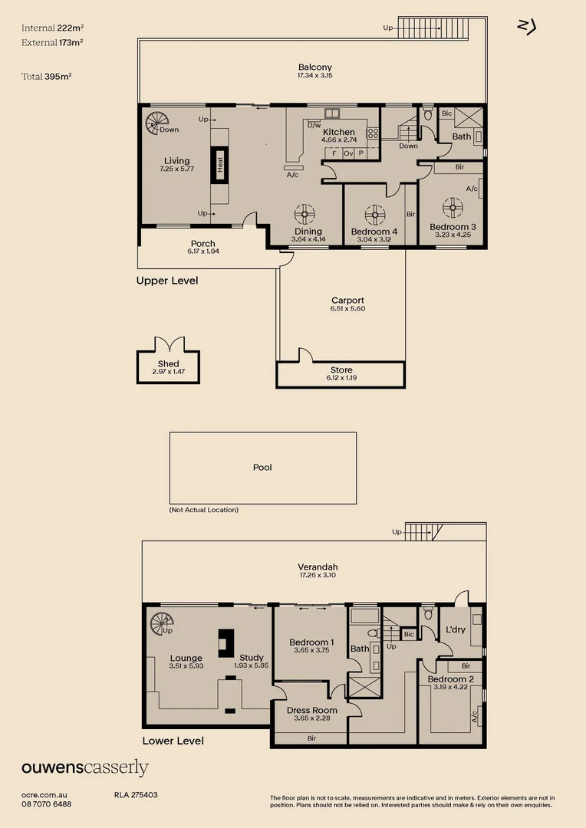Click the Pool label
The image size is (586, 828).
tap(262, 468)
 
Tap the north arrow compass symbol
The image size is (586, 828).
tap(527, 27)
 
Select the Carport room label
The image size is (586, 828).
tap(347, 301)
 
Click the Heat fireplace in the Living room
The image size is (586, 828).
tap(220, 165)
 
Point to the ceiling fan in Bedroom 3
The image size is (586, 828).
tap(453, 208)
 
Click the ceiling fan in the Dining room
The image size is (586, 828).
tap(305, 215)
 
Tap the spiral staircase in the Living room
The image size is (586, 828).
tap(156, 123)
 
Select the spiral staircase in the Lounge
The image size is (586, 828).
tap(161, 623)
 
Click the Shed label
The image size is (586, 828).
tap(169, 364)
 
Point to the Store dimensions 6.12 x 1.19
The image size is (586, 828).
tap(341, 378)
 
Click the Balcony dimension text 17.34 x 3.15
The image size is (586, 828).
tap(315, 75)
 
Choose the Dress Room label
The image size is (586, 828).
tap(311, 710)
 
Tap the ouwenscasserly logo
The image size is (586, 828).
tap(85, 767)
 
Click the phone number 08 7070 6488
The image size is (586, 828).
tap(47, 804)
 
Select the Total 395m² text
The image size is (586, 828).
tap(47, 77)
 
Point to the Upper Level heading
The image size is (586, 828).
tap(167, 281)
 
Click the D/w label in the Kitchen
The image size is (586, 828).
tap(314, 125)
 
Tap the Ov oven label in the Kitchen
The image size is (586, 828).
tap(348, 153)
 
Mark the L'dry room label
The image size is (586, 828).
tap(456, 629)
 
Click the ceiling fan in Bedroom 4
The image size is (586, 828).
tap(375, 215)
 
